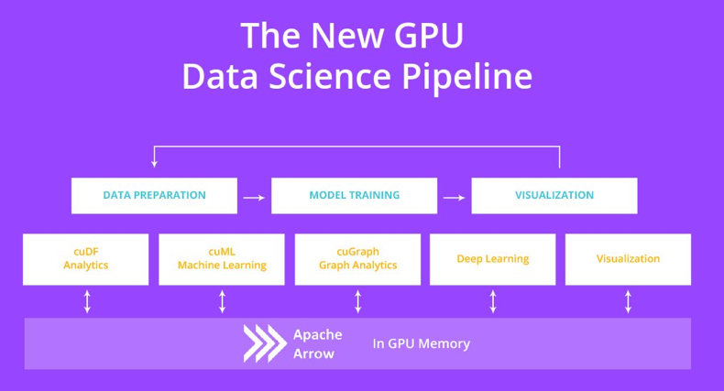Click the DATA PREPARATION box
(154, 195)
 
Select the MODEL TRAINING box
(354, 195)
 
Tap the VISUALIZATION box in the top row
(554, 195)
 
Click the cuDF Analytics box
(85, 258)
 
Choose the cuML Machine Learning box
(221, 258)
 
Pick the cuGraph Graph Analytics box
(357, 258)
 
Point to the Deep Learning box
(492, 258)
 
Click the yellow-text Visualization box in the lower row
(628, 258)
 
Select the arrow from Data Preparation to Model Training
(254, 196)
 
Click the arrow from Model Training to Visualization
(454, 196)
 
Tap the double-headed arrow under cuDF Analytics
(87, 301)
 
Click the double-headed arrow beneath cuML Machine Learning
(222, 301)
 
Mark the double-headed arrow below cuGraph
(357, 301)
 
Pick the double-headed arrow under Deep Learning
(493, 301)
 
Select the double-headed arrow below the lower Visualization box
(628, 301)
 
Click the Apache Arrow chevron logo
(263, 343)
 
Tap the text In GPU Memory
(421, 343)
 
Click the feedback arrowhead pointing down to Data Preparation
(154, 163)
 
